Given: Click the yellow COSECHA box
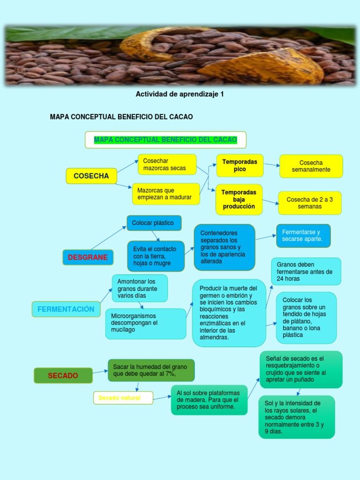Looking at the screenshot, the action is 91,176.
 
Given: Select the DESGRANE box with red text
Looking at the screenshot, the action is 88,257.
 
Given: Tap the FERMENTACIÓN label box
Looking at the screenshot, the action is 66,309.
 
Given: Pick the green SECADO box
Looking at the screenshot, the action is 63,375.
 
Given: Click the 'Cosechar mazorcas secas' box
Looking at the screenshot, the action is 167,165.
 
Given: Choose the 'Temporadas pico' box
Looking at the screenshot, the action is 240,165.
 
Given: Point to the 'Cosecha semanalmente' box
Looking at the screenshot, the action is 311,166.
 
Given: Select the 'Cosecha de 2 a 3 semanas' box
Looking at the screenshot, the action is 309,203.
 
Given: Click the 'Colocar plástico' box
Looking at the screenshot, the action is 154,223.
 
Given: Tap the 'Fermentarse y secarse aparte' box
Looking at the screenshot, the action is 303,236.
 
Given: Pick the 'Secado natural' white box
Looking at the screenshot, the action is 123,398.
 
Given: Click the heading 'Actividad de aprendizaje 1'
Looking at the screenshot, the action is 180,94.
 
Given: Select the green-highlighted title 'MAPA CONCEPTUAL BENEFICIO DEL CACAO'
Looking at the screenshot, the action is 165,140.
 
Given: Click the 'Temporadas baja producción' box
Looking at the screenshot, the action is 239,200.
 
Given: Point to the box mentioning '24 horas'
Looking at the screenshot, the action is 306,271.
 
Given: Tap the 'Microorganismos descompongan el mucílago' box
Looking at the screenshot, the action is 145,323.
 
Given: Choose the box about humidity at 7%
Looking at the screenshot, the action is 151,370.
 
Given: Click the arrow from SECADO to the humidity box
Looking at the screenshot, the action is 100,372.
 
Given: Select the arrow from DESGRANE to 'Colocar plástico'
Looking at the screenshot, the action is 109,238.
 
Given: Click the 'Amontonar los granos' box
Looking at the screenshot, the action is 139,288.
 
